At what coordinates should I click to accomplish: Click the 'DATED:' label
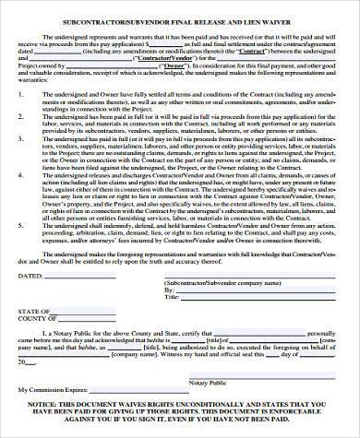pyautogui.click(x=32, y=276)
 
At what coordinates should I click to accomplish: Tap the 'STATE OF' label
pyautogui.click(x=34, y=310)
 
